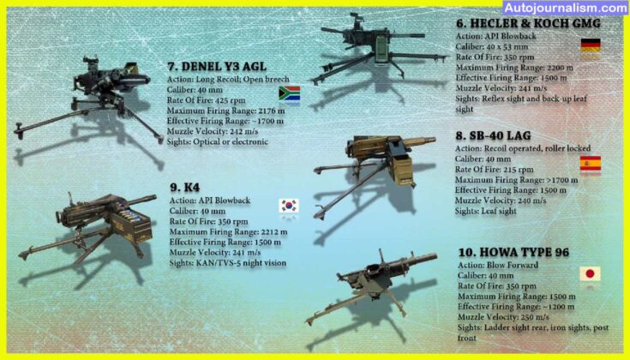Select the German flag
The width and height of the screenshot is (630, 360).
point(590,45)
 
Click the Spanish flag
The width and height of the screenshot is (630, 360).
point(590,164)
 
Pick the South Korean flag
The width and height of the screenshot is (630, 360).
point(289,206)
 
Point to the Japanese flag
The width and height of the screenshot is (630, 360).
point(590,274)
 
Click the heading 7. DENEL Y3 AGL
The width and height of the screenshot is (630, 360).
point(218,65)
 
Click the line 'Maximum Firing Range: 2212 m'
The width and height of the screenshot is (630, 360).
point(228,231)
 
